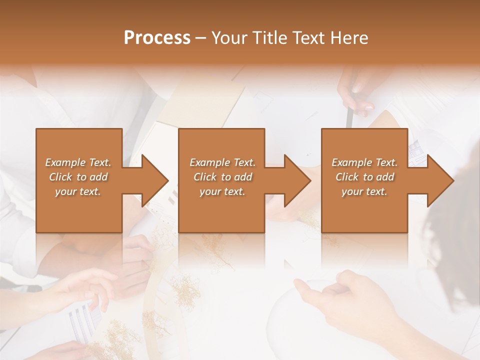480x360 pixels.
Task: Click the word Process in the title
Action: coord(157,38)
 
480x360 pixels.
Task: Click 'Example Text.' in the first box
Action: coord(78,162)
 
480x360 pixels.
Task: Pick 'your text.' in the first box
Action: coord(78,191)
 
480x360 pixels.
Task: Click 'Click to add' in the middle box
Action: coord(222,177)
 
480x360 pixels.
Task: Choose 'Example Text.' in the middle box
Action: coord(222,162)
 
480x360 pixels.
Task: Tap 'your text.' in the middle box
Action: coord(222,191)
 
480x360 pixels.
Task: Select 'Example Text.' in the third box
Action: coord(364,162)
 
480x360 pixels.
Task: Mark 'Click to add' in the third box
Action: coord(364,177)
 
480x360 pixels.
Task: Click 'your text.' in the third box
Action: coord(364,191)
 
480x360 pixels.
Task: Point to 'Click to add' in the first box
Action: coord(78,177)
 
